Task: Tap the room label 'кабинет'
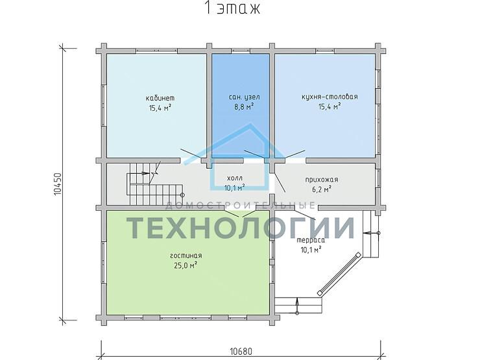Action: coord(160,98)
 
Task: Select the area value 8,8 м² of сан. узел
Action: coord(244,107)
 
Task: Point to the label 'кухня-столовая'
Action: coord(330,97)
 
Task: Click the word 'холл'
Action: coord(235,178)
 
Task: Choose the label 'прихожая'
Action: coord(322,180)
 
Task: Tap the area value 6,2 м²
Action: coord(322,189)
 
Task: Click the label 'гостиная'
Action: coord(186,256)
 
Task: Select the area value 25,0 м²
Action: coord(186,265)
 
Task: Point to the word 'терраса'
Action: coord(311,240)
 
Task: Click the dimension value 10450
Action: coord(58,184)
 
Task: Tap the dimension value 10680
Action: coord(241,351)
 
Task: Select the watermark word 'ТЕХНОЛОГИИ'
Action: coord(241,228)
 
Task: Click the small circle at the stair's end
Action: coord(182,195)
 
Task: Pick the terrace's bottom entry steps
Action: coord(298,306)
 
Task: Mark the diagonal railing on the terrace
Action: coord(339,274)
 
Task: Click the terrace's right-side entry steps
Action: coord(371,234)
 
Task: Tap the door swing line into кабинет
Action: coord(191,154)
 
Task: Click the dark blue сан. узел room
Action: coord(241,106)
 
